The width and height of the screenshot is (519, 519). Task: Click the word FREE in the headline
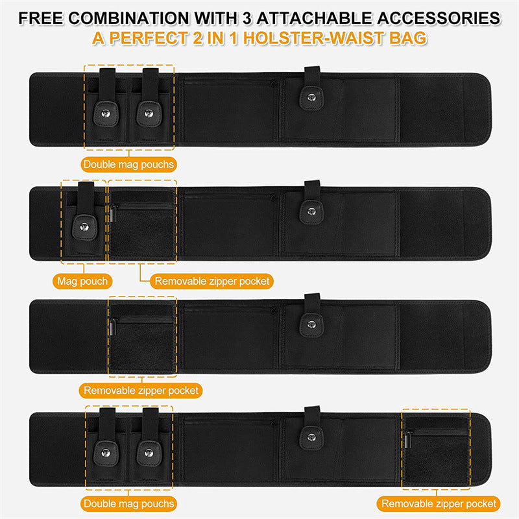(41, 18)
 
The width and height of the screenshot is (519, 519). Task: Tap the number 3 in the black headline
(247, 18)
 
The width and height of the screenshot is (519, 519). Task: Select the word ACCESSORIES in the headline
(439, 18)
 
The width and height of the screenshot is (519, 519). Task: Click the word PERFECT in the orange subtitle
(149, 38)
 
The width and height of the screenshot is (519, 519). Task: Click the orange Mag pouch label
(82, 282)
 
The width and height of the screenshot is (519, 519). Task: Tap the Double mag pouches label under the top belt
(128, 165)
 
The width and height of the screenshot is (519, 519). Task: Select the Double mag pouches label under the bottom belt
(128, 503)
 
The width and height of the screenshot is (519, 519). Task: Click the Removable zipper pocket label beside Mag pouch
(212, 282)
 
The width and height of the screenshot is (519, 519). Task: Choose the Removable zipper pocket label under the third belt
(141, 391)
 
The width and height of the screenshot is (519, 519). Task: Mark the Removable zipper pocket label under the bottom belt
(439, 503)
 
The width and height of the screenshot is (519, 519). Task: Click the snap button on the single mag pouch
(84, 227)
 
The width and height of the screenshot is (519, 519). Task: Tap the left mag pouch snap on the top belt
(106, 114)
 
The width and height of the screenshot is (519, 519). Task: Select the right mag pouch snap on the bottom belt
(149, 453)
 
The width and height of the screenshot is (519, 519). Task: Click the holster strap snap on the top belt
(311, 97)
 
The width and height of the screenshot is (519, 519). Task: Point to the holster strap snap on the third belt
(311, 325)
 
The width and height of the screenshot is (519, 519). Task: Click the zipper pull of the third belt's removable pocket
(113, 327)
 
